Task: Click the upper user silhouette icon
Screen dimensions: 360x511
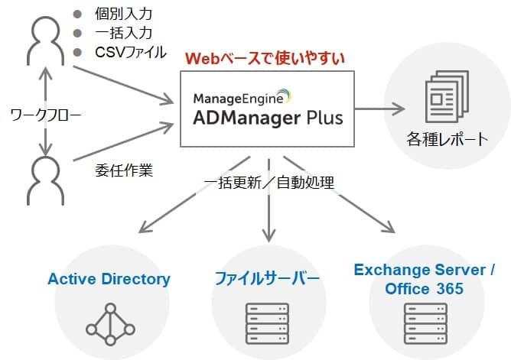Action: coord(45,42)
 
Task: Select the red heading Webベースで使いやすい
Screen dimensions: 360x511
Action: coord(265,57)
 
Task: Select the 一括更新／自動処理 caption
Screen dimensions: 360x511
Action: coord(269,182)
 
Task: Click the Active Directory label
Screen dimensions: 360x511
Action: coord(109,278)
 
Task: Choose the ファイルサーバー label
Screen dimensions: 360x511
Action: coord(265,278)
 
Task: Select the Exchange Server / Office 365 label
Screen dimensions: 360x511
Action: coord(425,279)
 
